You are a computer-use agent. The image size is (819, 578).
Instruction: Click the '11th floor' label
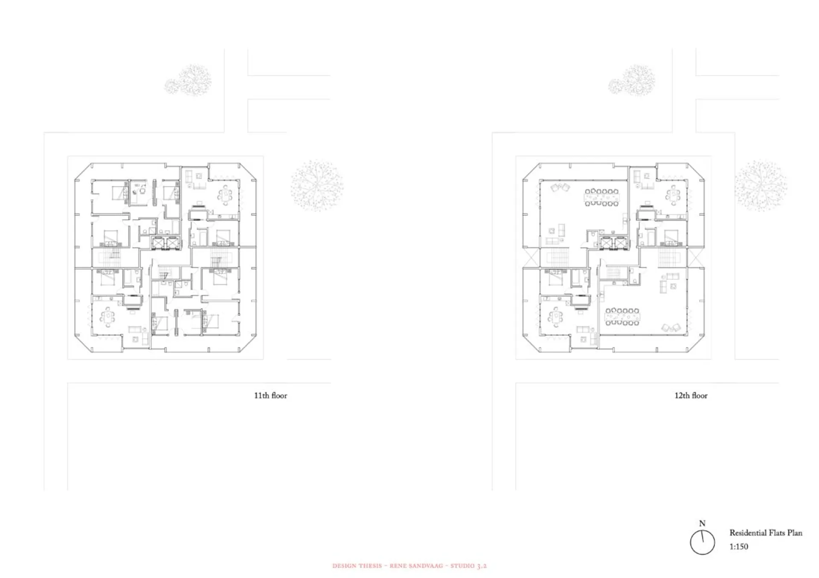pos(270,396)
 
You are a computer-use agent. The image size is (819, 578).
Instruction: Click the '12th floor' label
pos(691,396)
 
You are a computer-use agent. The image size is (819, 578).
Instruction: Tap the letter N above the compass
pos(702,523)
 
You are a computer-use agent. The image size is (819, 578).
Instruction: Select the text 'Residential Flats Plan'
pos(766,533)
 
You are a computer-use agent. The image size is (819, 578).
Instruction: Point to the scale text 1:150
pos(738,546)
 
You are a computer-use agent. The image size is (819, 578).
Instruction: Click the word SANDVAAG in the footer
pos(425,566)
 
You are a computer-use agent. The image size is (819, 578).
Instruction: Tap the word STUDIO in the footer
pos(462,566)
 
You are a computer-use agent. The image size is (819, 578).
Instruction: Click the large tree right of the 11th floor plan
pos(317,185)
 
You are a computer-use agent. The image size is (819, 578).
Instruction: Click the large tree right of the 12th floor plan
pos(761,185)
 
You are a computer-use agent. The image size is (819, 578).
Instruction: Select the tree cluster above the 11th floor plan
pos(188,80)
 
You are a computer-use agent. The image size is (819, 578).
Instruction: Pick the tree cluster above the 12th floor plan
pos(632,80)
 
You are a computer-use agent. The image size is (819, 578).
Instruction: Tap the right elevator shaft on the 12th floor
pos(621,243)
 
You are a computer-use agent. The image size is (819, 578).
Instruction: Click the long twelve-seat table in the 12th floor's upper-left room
pos(601,197)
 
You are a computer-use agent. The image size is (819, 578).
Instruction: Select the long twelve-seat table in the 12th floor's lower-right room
pos(622,316)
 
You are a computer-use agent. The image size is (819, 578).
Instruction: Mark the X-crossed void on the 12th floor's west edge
pos(531,258)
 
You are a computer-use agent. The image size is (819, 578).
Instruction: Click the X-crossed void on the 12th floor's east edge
pos(695,258)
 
